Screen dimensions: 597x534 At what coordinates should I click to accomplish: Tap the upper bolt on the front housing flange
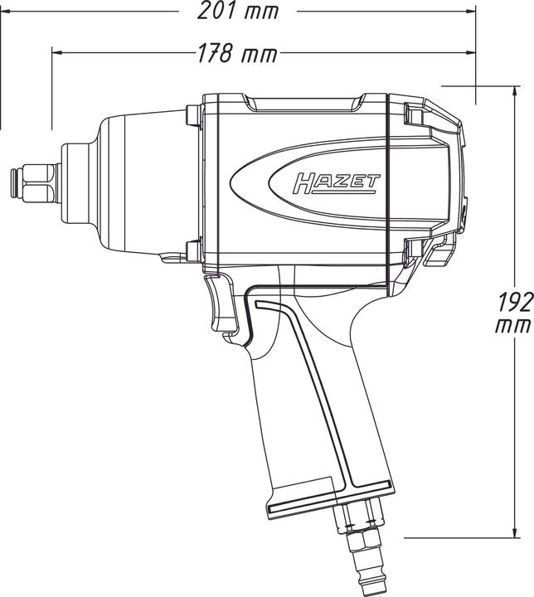pos(192,114)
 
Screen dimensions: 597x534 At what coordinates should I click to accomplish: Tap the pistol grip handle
pos(315,398)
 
